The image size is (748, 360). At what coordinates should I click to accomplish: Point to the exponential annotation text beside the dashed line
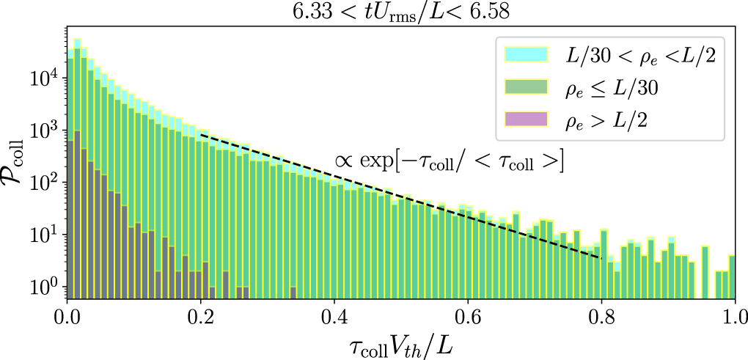click(x=449, y=163)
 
